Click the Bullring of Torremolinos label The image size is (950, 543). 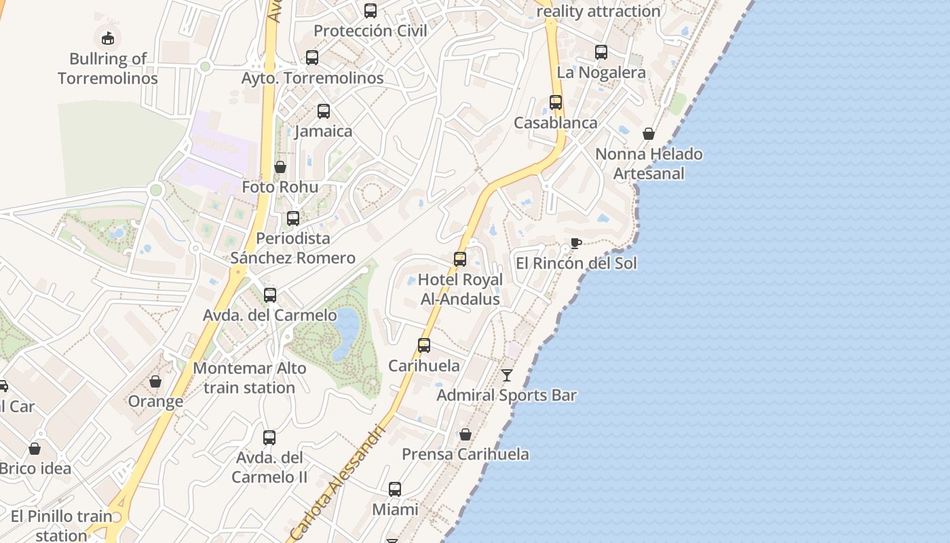(x=108, y=69)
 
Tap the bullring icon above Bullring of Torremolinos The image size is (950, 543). (x=108, y=38)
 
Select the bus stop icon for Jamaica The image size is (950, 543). (x=324, y=111)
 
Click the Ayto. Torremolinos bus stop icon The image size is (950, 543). (x=312, y=58)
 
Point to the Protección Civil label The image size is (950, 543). (x=370, y=31)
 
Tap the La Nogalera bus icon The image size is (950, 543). (x=601, y=52)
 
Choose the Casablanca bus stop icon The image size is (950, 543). (x=556, y=102)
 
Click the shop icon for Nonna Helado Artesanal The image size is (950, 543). (x=649, y=134)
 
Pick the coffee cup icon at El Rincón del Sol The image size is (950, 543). (x=575, y=243)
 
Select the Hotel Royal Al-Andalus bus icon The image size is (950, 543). (x=460, y=259)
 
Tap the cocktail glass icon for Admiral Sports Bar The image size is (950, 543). (x=507, y=375)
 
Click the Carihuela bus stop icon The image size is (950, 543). (x=424, y=345)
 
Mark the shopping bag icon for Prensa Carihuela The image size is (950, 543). (x=465, y=434)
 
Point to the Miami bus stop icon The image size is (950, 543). (x=395, y=489)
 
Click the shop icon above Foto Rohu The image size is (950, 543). (x=280, y=167)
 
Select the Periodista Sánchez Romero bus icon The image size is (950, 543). (x=293, y=219)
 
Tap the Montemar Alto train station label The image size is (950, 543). (x=250, y=378)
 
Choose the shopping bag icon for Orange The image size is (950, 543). (x=155, y=381)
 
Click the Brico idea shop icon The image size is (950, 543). (x=35, y=449)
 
